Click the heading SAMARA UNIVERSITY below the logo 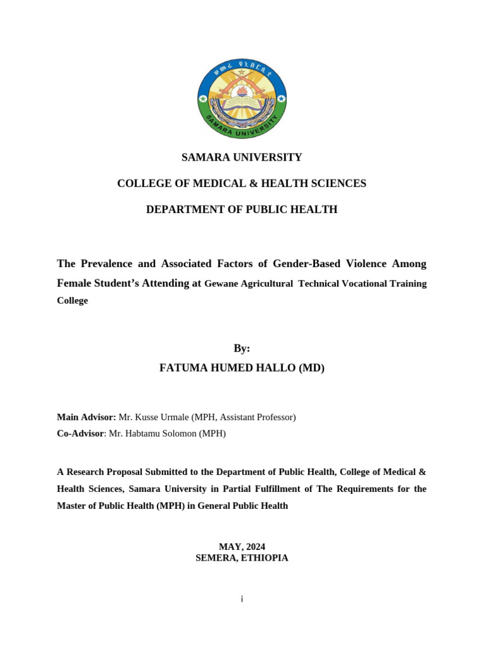pos(242,157)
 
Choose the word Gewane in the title pos(221,284)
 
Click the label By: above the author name pos(242,348)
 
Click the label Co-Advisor pos(80,433)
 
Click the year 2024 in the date pos(254,547)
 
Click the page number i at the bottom pos(242,599)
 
